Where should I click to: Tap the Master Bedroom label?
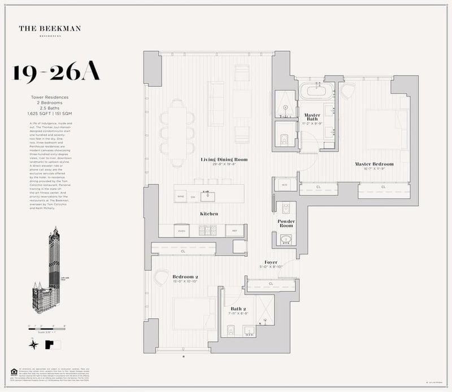[374, 164]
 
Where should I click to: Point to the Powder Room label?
[286, 224]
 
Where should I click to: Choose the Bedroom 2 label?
[185, 277]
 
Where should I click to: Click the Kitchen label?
[209, 214]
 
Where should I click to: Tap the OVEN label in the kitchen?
[182, 231]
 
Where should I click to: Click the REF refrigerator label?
[233, 231]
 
